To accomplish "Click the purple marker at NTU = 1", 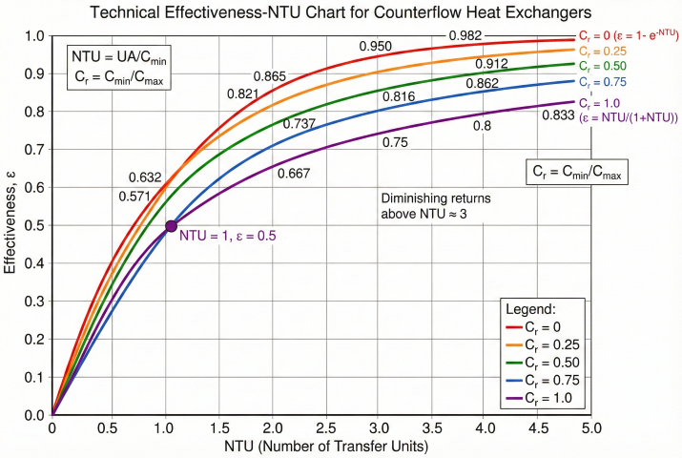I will (x=172, y=226).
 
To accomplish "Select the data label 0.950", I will (x=376, y=47).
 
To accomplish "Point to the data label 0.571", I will (x=134, y=197).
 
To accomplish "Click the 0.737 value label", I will (x=300, y=124).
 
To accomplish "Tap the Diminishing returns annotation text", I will (x=426, y=204).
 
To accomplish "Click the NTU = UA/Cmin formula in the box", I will (x=111, y=59).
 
